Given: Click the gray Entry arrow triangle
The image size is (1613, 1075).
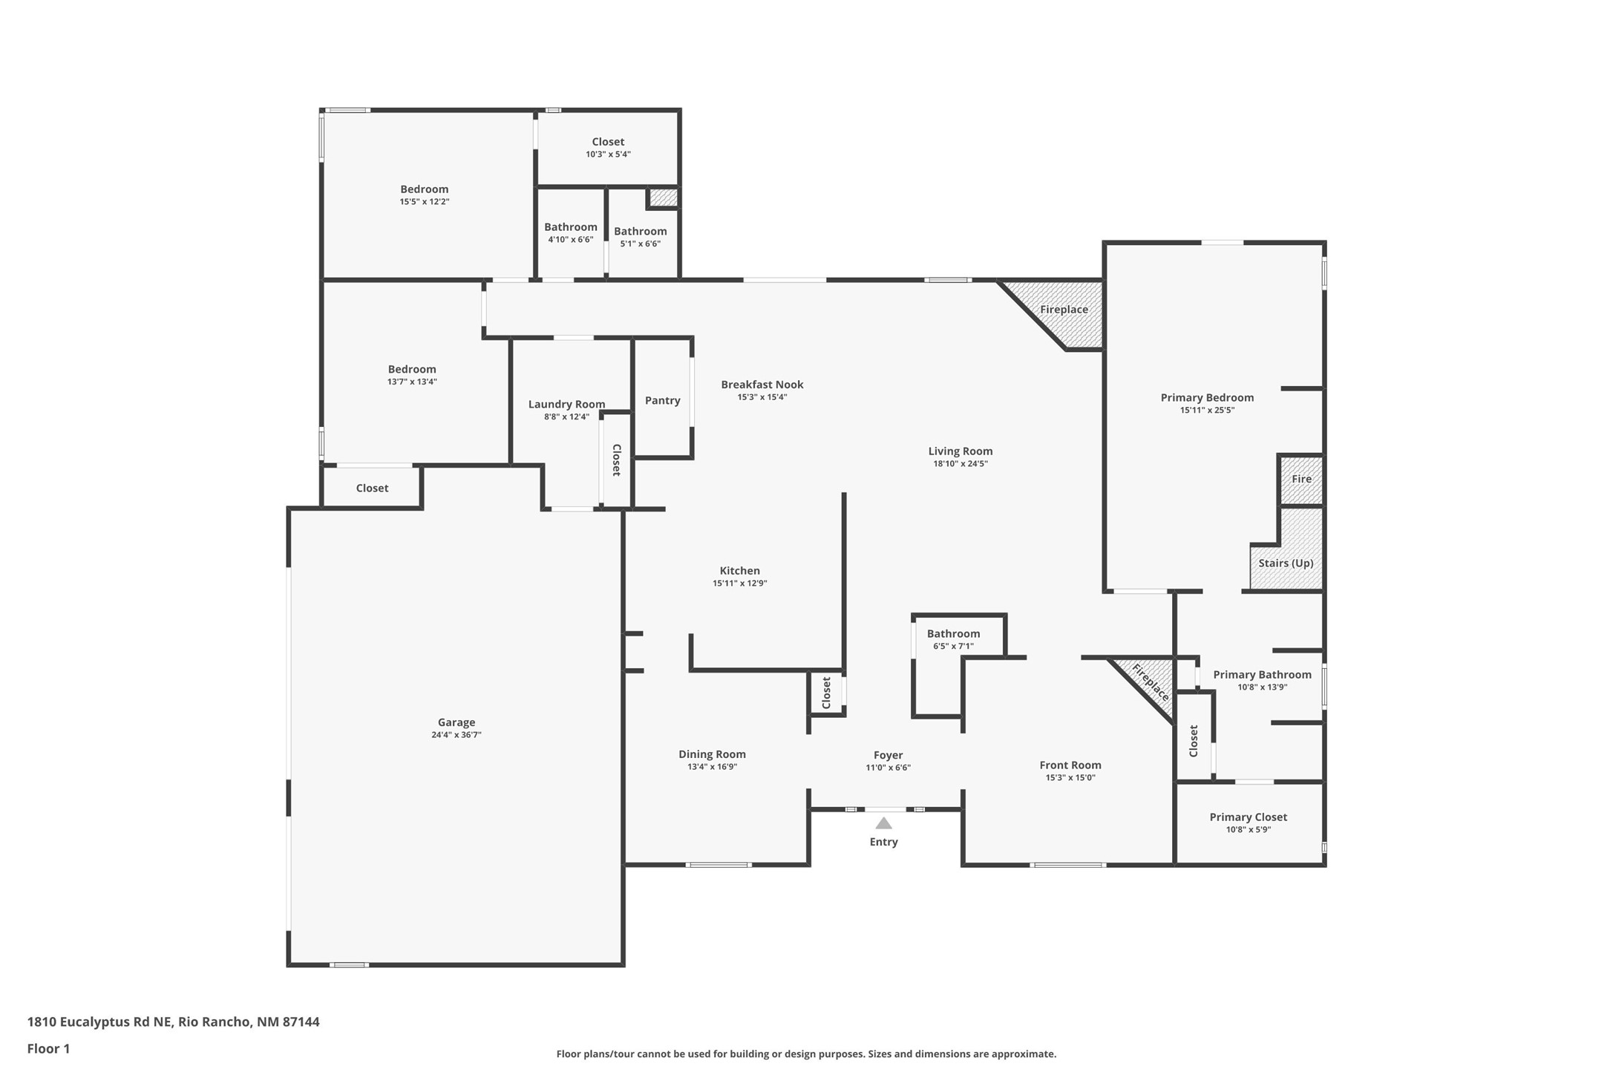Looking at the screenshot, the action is tap(883, 823).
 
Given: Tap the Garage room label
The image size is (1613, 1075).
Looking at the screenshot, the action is tap(457, 722).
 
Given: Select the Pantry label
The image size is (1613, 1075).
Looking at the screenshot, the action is tap(663, 400).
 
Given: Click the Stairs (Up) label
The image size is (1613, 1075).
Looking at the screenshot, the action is tap(1286, 563).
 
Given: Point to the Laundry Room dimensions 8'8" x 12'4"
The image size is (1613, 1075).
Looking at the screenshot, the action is tap(566, 417).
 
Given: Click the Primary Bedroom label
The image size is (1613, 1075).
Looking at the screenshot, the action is tap(1208, 397).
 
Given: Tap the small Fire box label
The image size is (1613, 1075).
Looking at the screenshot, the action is tap(1301, 479).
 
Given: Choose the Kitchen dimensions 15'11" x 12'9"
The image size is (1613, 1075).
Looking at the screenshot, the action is tap(740, 584).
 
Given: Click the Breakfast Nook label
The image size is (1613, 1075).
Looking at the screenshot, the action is tap(762, 385).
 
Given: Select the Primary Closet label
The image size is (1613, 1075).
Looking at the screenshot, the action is tap(1249, 817).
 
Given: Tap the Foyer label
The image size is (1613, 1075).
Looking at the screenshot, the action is tap(889, 755).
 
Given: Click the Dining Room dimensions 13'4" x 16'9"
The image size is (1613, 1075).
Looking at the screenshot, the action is tap(713, 767).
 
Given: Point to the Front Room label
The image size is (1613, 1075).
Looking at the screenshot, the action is tap(1070, 765).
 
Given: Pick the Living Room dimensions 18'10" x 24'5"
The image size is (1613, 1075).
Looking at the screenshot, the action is tap(961, 464).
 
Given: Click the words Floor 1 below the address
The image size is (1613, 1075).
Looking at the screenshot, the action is tap(48, 1049).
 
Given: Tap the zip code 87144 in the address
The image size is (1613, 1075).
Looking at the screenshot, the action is tap(301, 1022).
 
